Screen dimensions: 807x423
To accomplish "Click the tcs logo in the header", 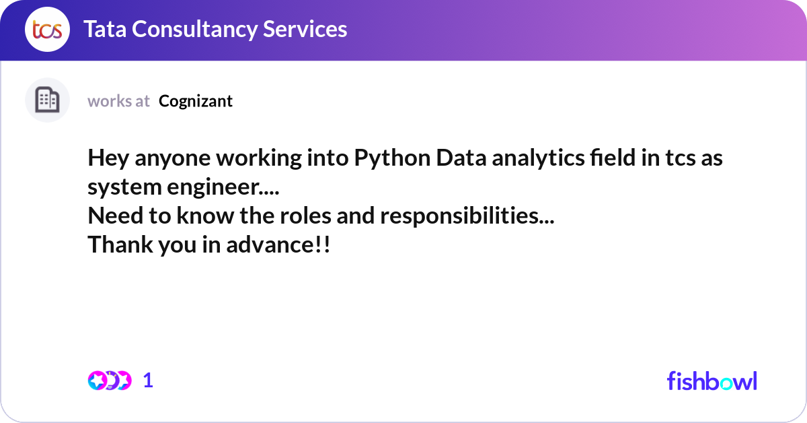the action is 47,29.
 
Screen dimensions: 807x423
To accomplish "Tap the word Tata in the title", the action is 105,29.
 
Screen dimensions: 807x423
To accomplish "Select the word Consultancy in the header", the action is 194,30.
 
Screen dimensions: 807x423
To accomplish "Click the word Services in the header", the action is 305,29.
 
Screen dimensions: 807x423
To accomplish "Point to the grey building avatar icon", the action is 47,100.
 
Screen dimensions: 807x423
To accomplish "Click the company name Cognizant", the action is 196,102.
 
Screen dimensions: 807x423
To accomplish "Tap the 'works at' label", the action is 118,102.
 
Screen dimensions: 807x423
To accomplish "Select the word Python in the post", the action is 392,158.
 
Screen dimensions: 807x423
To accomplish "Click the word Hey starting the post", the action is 108,158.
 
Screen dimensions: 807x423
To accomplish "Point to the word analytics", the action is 538,158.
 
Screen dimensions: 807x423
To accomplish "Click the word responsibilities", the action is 467,216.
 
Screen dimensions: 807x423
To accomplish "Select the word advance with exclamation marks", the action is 278,245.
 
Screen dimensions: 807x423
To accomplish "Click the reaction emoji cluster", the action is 110,381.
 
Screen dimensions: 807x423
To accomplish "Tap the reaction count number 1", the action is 148,381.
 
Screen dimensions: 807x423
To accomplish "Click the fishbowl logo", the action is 712,381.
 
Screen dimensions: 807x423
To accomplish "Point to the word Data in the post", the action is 461,158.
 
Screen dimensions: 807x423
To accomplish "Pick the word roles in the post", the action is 305,216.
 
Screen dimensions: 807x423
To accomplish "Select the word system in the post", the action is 124,188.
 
